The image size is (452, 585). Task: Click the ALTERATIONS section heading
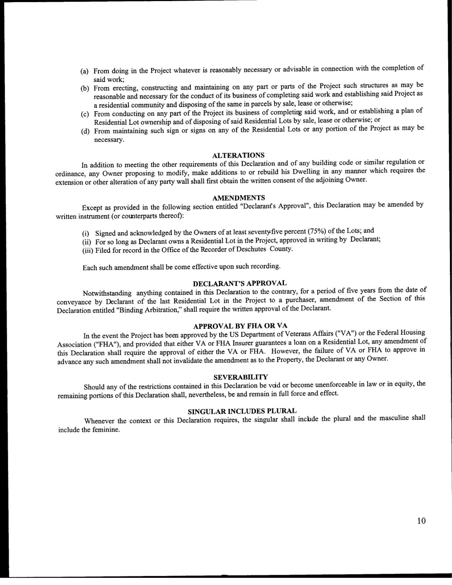238,155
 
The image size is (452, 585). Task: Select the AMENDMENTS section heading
238,198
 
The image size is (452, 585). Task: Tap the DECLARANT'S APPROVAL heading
239,283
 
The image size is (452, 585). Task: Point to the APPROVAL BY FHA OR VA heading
240,325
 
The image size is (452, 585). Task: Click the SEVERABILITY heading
241,377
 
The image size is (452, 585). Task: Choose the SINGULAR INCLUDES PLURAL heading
242,411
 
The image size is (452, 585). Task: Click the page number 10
421,521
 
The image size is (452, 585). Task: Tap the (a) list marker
84,71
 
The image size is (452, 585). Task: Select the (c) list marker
85,114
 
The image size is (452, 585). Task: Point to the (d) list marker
85,132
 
